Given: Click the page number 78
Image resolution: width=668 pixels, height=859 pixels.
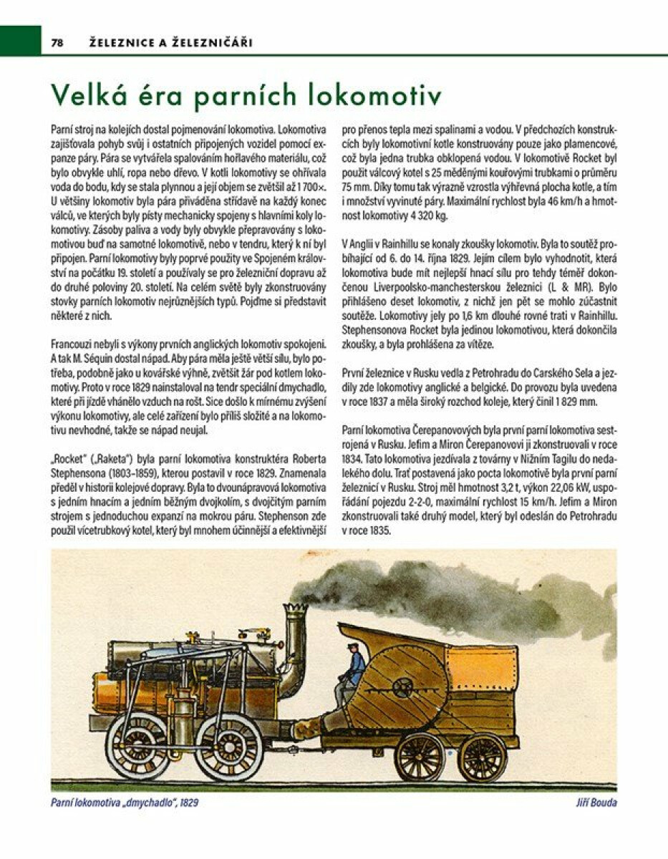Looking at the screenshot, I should (x=58, y=43).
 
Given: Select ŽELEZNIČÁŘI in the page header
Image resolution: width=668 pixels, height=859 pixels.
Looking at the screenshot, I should (x=212, y=43).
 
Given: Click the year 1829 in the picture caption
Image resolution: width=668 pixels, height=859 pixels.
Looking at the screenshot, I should (x=188, y=802).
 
